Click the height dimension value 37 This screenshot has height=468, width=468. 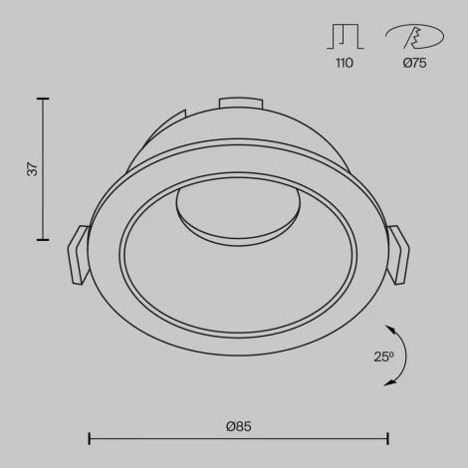click(x=32, y=169)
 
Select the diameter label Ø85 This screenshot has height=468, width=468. click(x=238, y=426)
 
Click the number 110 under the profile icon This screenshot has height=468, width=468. click(x=344, y=64)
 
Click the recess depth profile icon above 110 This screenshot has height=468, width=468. click(x=344, y=36)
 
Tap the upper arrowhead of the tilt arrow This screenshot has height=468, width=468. click(x=389, y=329)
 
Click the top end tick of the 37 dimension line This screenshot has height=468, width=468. click(x=43, y=99)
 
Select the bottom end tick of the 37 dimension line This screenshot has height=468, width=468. click(x=43, y=240)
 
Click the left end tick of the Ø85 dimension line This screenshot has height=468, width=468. click(x=90, y=438)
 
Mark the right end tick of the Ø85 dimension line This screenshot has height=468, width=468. click(x=387, y=438)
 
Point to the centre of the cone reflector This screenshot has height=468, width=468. click(x=238, y=259)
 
